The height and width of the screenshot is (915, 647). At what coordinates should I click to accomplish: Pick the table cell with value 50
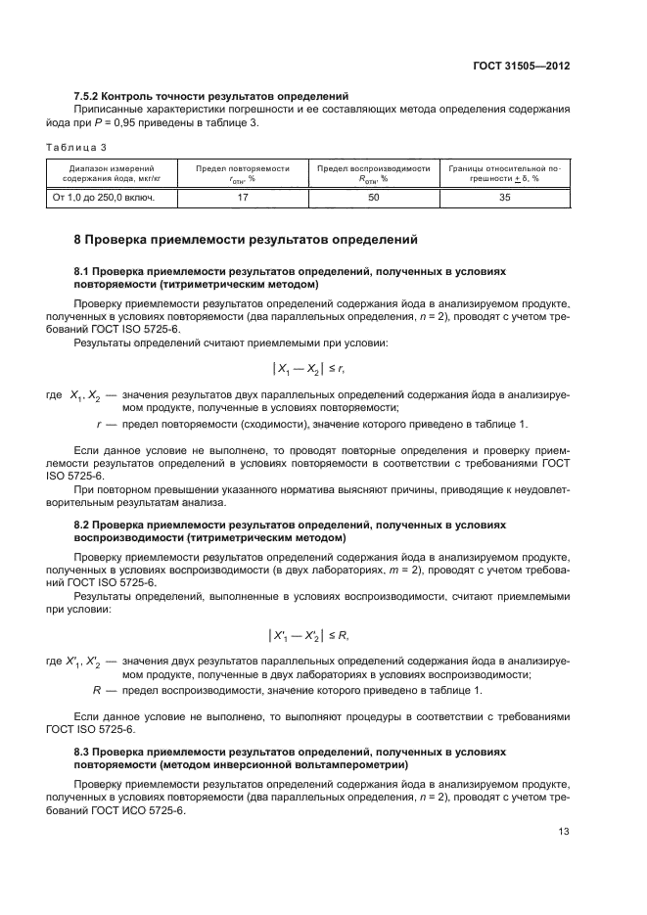[x=373, y=197]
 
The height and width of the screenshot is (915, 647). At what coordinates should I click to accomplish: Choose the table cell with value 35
[x=504, y=197]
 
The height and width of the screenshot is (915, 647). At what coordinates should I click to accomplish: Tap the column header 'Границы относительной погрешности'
[x=504, y=173]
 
